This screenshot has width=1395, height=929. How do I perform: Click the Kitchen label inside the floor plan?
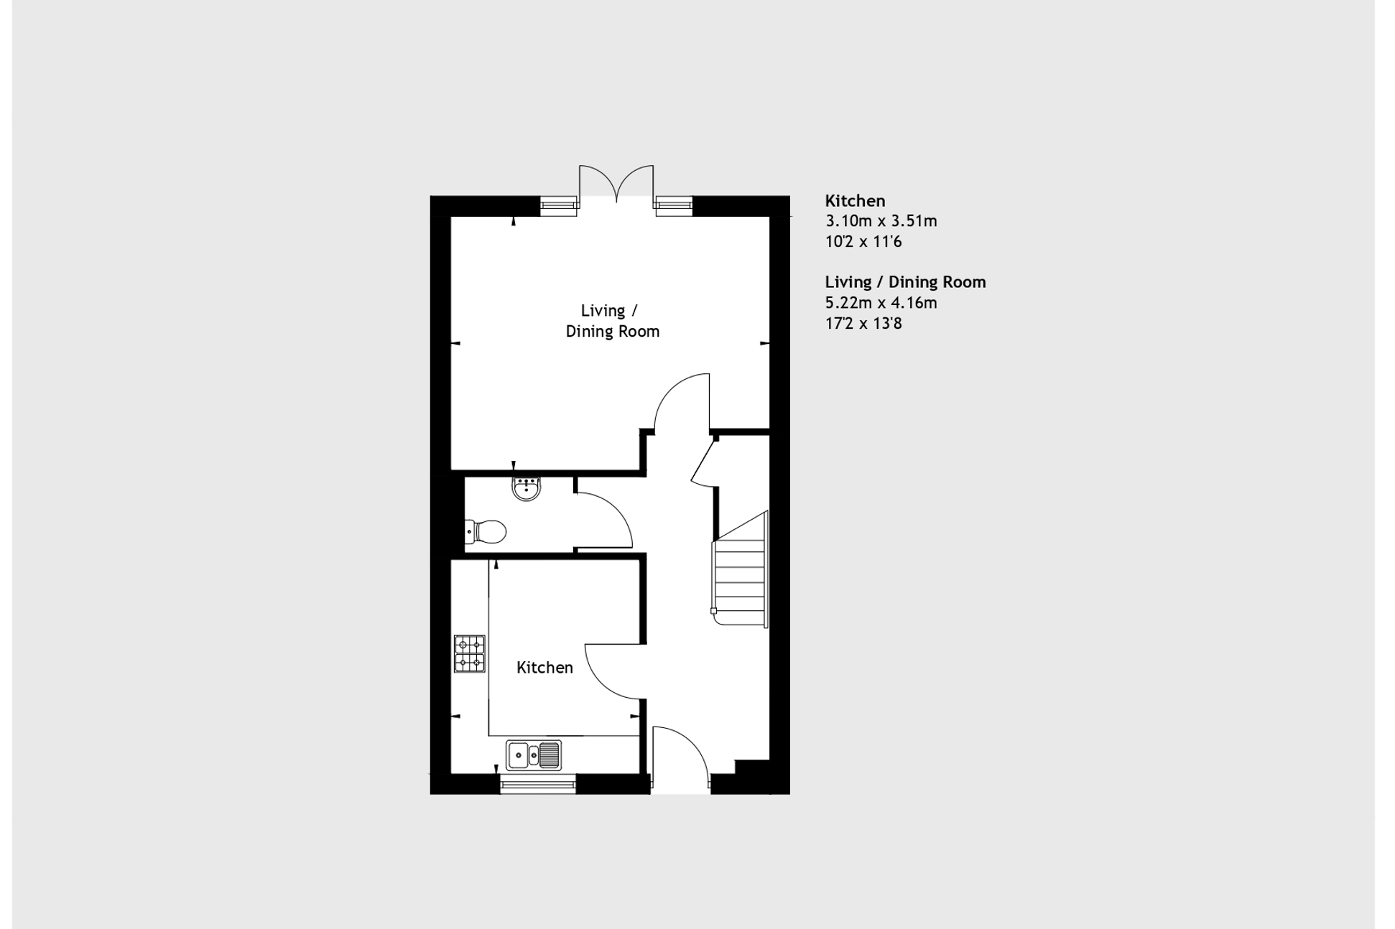tap(544, 668)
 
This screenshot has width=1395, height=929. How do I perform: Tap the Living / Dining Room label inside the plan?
tap(612, 321)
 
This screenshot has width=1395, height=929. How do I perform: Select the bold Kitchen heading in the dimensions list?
tap(855, 201)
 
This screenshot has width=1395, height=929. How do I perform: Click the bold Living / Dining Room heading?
tap(905, 282)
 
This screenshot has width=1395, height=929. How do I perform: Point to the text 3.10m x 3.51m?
tap(881, 221)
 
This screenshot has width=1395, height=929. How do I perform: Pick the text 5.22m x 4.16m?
tap(881, 303)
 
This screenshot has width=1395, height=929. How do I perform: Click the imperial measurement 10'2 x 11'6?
tap(863, 242)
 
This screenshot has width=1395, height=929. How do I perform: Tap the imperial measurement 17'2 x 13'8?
tap(863, 324)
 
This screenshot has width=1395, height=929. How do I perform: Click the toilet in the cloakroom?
tap(486, 532)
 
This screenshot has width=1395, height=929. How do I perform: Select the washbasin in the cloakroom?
tap(527, 488)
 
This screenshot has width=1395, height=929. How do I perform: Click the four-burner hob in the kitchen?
tap(469, 653)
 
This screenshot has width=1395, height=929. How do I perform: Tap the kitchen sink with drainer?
tap(533, 755)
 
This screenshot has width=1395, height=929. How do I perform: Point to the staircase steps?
tap(740, 567)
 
